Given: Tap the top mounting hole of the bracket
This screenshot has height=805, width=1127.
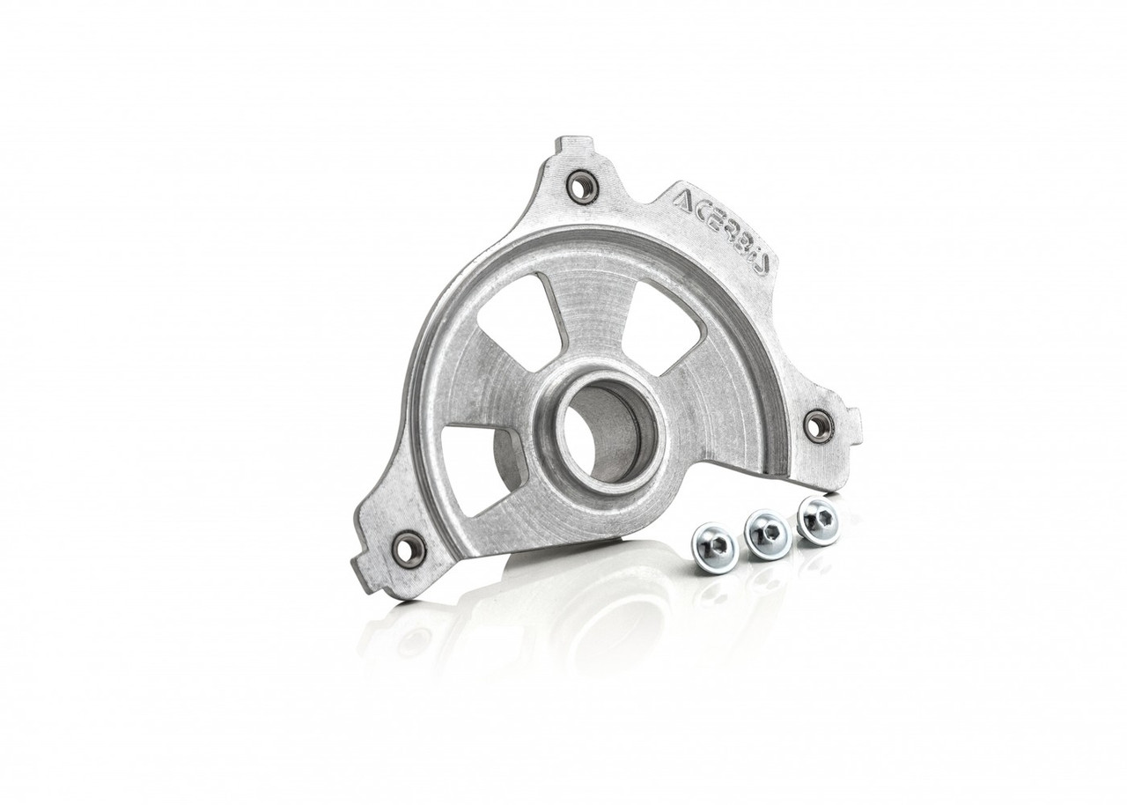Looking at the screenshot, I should (x=582, y=186).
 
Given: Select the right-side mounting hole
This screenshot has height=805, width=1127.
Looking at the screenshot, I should (x=819, y=426).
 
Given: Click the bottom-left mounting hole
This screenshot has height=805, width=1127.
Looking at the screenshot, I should (x=409, y=550).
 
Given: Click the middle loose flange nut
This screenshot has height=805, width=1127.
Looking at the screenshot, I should (x=766, y=532).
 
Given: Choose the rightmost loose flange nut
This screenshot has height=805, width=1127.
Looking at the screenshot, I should (x=818, y=521).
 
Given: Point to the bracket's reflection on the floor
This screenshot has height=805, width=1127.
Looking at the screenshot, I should (x=528, y=617).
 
